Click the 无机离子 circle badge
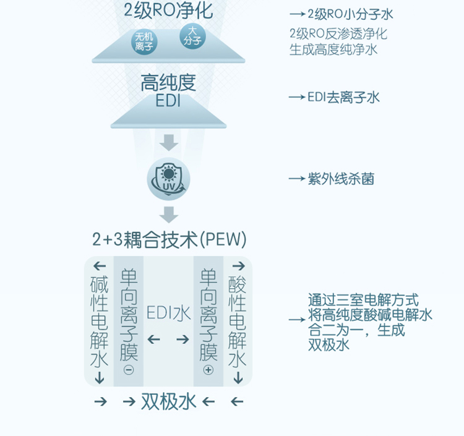pyautogui.click(x=145, y=41)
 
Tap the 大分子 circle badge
pyautogui.click(x=191, y=35)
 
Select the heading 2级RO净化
pyautogui.click(x=168, y=11)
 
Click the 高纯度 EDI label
pyautogui.click(x=168, y=92)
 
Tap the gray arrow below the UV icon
pyautogui.click(x=168, y=215)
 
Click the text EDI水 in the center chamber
pyautogui.click(x=168, y=314)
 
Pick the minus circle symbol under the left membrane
pyautogui.click(x=129, y=370)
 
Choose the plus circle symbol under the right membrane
pyautogui.click(x=208, y=370)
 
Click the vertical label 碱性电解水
pyautogui.click(x=99, y=322)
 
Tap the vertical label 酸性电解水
pyautogui.click(x=238, y=322)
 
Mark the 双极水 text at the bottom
pyautogui.click(x=168, y=402)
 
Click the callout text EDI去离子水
pyautogui.click(x=343, y=98)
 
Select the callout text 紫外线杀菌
pyautogui.click(x=341, y=179)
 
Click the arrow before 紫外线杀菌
pyautogui.click(x=297, y=179)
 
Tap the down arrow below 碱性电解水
pyautogui.click(x=100, y=378)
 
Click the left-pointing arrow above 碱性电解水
pyautogui.click(x=100, y=267)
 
